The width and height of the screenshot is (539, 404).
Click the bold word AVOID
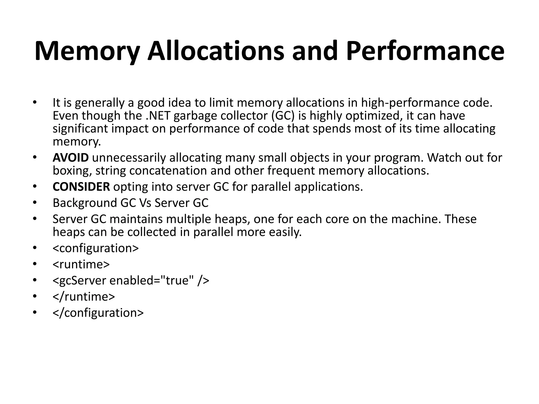pos(71,158)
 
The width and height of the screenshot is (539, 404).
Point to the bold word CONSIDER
pos(81,187)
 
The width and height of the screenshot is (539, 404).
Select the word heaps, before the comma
pos(231,219)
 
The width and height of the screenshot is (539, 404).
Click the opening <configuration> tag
pos(96,248)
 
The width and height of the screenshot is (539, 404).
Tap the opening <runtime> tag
pos(81,264)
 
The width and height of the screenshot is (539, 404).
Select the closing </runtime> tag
pos(84,297)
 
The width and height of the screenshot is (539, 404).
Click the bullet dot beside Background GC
pos(34,203)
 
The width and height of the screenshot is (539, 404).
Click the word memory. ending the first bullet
pos(77,142)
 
